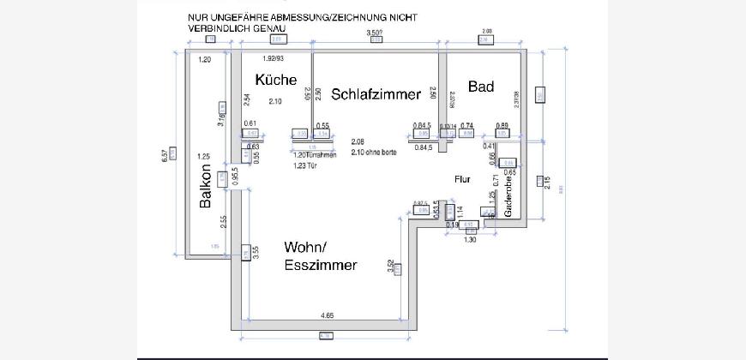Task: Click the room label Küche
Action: [x=276, y=80]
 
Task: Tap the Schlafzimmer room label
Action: [x=376, y=94]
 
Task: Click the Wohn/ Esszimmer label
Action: [x=320, y=256]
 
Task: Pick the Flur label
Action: [x=463, y=178]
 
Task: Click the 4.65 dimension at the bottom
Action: [x=327, y=316]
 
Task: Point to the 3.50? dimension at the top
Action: [x=374, y=33]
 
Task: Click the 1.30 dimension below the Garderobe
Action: [x=471, y=240]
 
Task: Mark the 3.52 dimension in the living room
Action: [x=391, y=267]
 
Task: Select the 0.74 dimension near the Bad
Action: [x=467, y=126]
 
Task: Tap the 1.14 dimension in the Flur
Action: [x=460, y=210]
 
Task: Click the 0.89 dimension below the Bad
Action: [x=502, y=126]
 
